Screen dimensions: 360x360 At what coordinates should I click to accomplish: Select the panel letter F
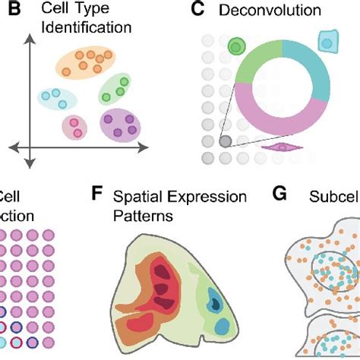pos(96,195)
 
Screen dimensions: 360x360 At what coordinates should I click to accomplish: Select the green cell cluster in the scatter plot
pos(117,89)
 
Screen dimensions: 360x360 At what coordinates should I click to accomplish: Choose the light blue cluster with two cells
pos(55,97)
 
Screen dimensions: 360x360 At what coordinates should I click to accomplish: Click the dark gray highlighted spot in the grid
pos(225,141)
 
